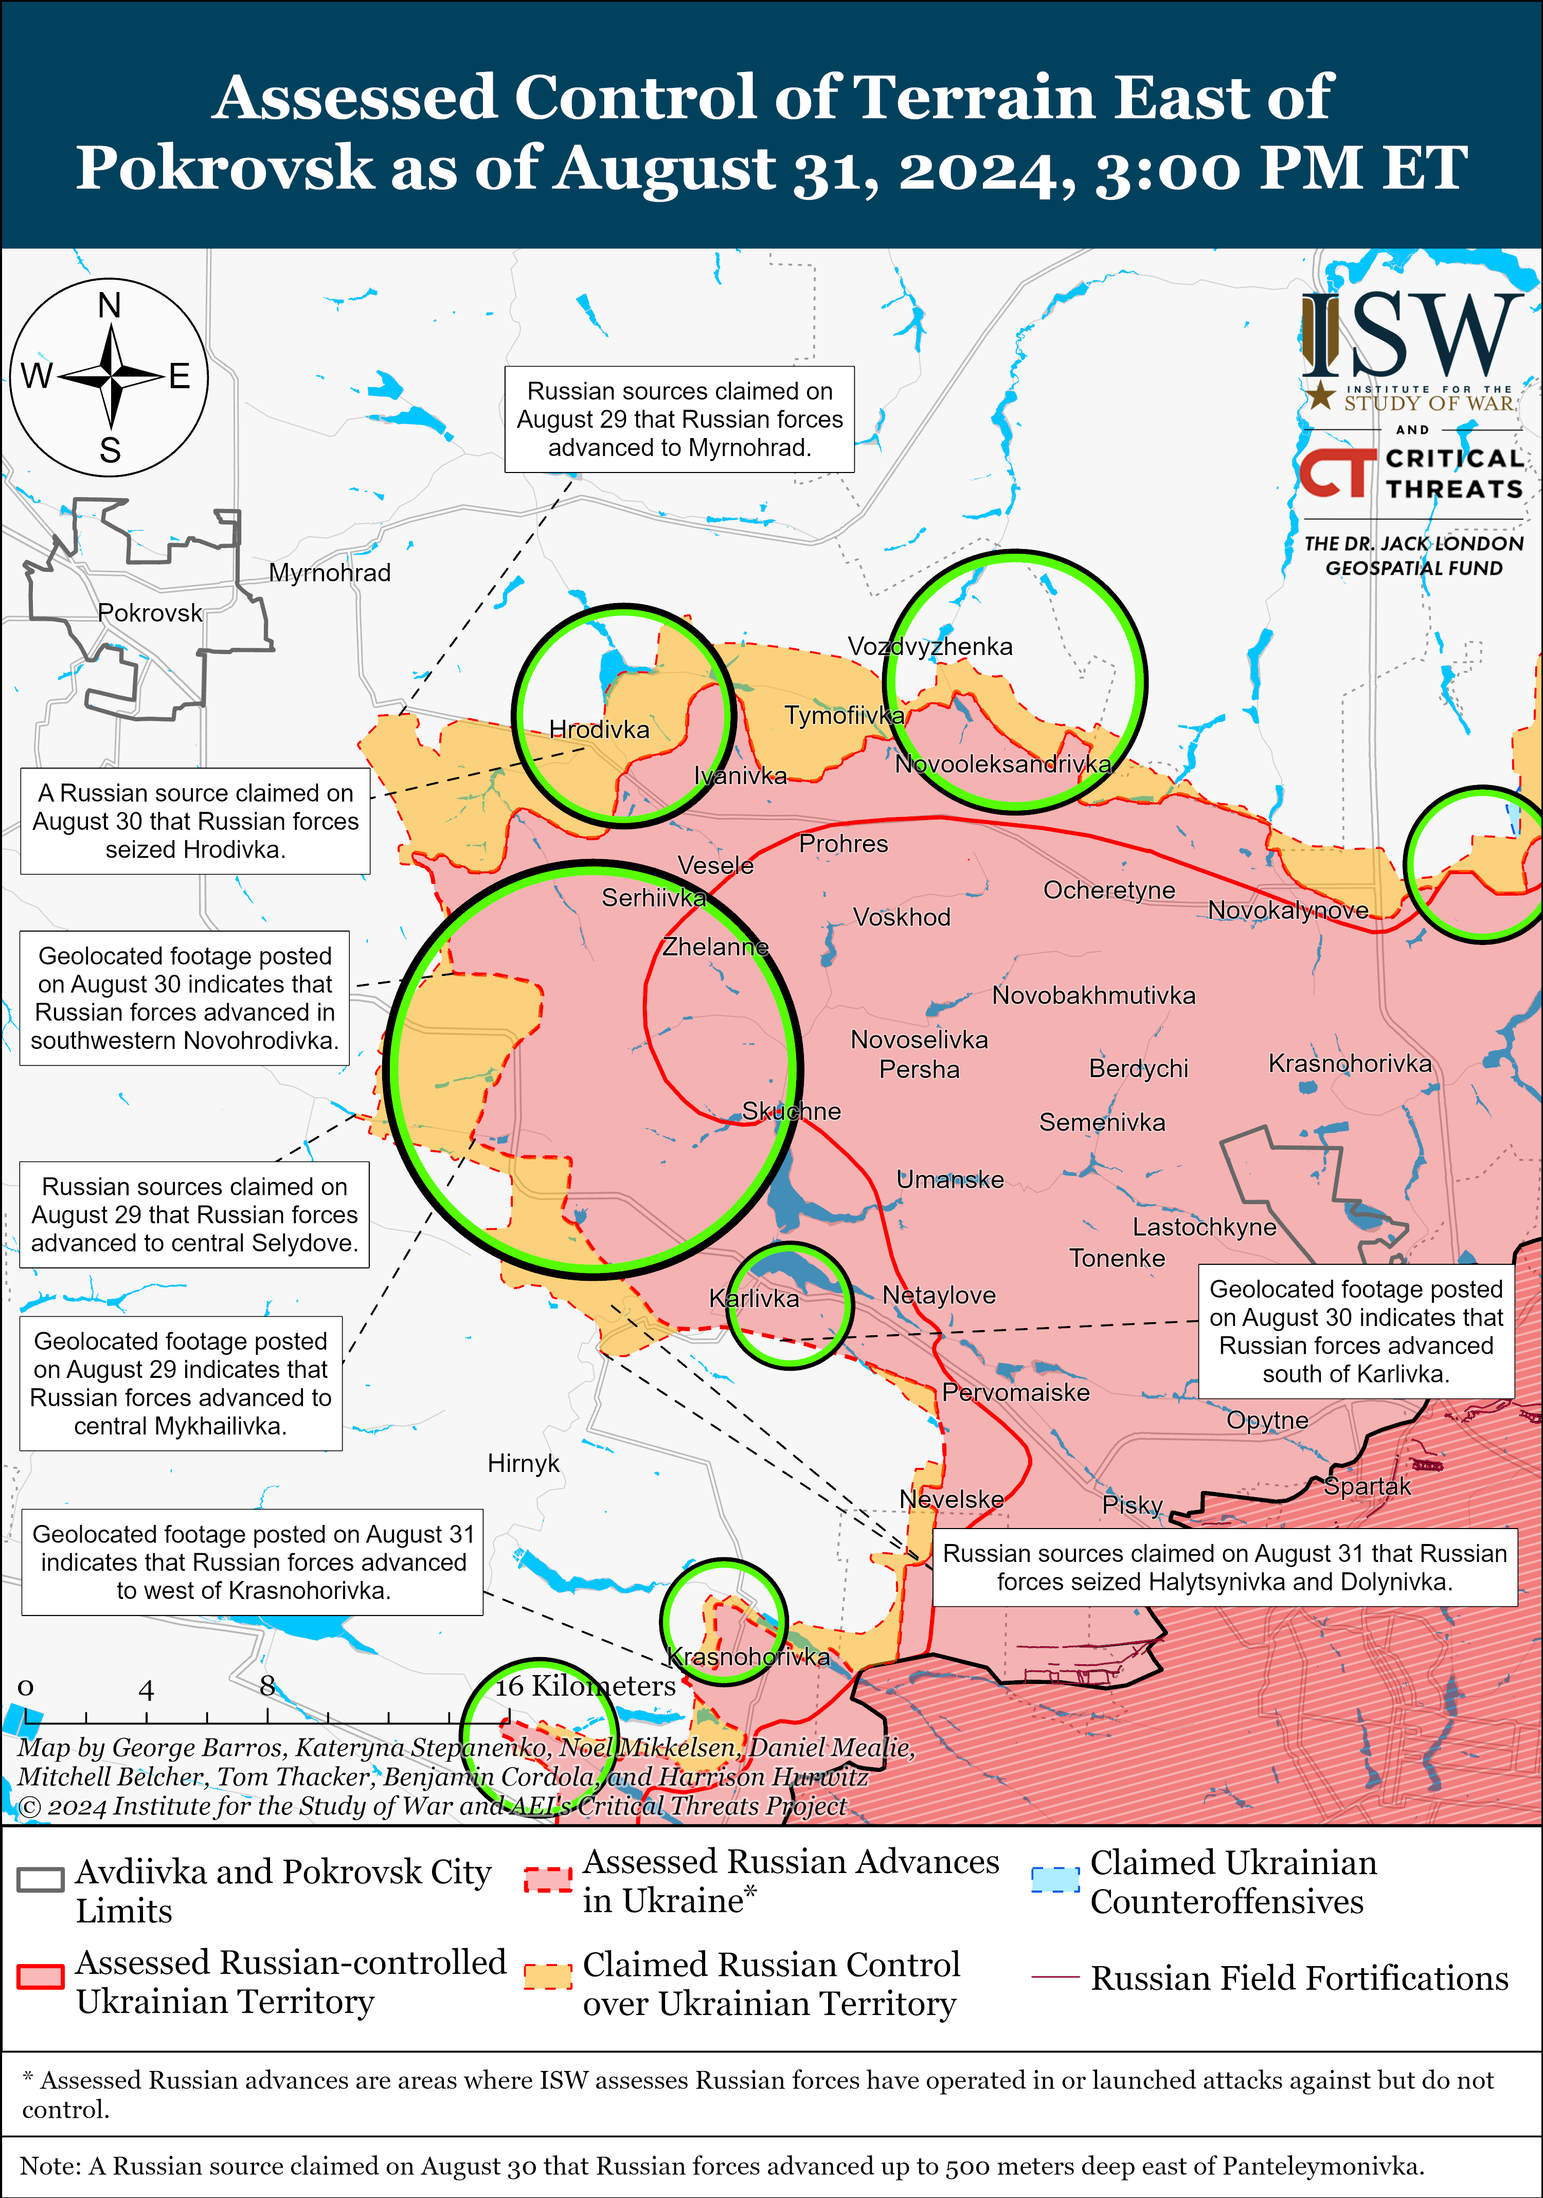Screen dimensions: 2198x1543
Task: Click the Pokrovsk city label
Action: [150, 613]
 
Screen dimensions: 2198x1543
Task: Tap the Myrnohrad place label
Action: [330, 572]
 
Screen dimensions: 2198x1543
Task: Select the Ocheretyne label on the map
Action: [1109, 891]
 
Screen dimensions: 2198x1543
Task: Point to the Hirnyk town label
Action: [523, 1463]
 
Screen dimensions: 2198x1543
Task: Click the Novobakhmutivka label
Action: [1094, 995]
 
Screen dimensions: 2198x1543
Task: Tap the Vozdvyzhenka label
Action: [930, 646]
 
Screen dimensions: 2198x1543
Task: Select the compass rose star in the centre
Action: [111, 376]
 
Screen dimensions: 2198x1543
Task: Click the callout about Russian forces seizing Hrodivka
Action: [195, 822]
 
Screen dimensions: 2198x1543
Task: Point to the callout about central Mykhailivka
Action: [181, 1383]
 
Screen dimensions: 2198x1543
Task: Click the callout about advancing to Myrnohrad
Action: [680, 420]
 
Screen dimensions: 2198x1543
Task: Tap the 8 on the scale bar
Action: [267, 1686]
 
